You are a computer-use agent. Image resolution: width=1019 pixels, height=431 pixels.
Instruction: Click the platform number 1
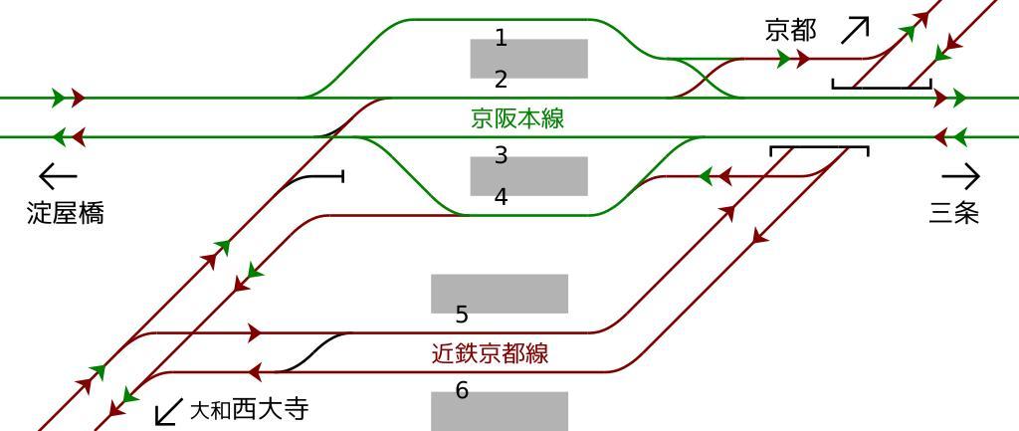(501, 39)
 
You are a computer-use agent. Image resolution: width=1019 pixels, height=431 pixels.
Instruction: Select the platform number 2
(501, 80)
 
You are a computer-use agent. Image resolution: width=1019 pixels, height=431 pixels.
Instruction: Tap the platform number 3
(501, 155)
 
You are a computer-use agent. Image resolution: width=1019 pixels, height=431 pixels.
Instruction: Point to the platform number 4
(501, 197)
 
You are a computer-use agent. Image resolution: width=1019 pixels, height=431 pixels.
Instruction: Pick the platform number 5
(462, 316)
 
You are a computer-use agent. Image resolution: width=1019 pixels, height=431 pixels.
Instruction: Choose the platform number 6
(462, 391)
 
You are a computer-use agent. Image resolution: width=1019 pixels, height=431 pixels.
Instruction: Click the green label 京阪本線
(517, 118)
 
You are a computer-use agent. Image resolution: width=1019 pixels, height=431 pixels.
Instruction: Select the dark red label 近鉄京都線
(490, 353)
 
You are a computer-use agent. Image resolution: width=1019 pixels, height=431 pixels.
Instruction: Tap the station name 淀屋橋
(66, 213)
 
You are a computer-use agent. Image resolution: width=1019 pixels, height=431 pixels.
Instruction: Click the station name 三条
(954, 213)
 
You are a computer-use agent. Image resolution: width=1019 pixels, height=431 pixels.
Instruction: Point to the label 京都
(791, 30)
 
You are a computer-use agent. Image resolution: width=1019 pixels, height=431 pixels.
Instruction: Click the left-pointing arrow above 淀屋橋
(58, 177)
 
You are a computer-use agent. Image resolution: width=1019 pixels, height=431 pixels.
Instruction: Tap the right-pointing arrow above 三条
(960, 177)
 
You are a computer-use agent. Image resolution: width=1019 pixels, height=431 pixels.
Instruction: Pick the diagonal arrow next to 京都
(855, 30)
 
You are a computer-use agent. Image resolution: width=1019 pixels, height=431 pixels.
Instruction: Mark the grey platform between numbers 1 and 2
(528, 59)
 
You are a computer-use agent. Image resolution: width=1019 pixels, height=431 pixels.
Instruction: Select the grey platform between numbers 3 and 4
(528, 176)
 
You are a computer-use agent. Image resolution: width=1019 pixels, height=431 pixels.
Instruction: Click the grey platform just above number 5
(499, 293)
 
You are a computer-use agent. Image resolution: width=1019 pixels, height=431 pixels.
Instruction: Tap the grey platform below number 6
(499, 411)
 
